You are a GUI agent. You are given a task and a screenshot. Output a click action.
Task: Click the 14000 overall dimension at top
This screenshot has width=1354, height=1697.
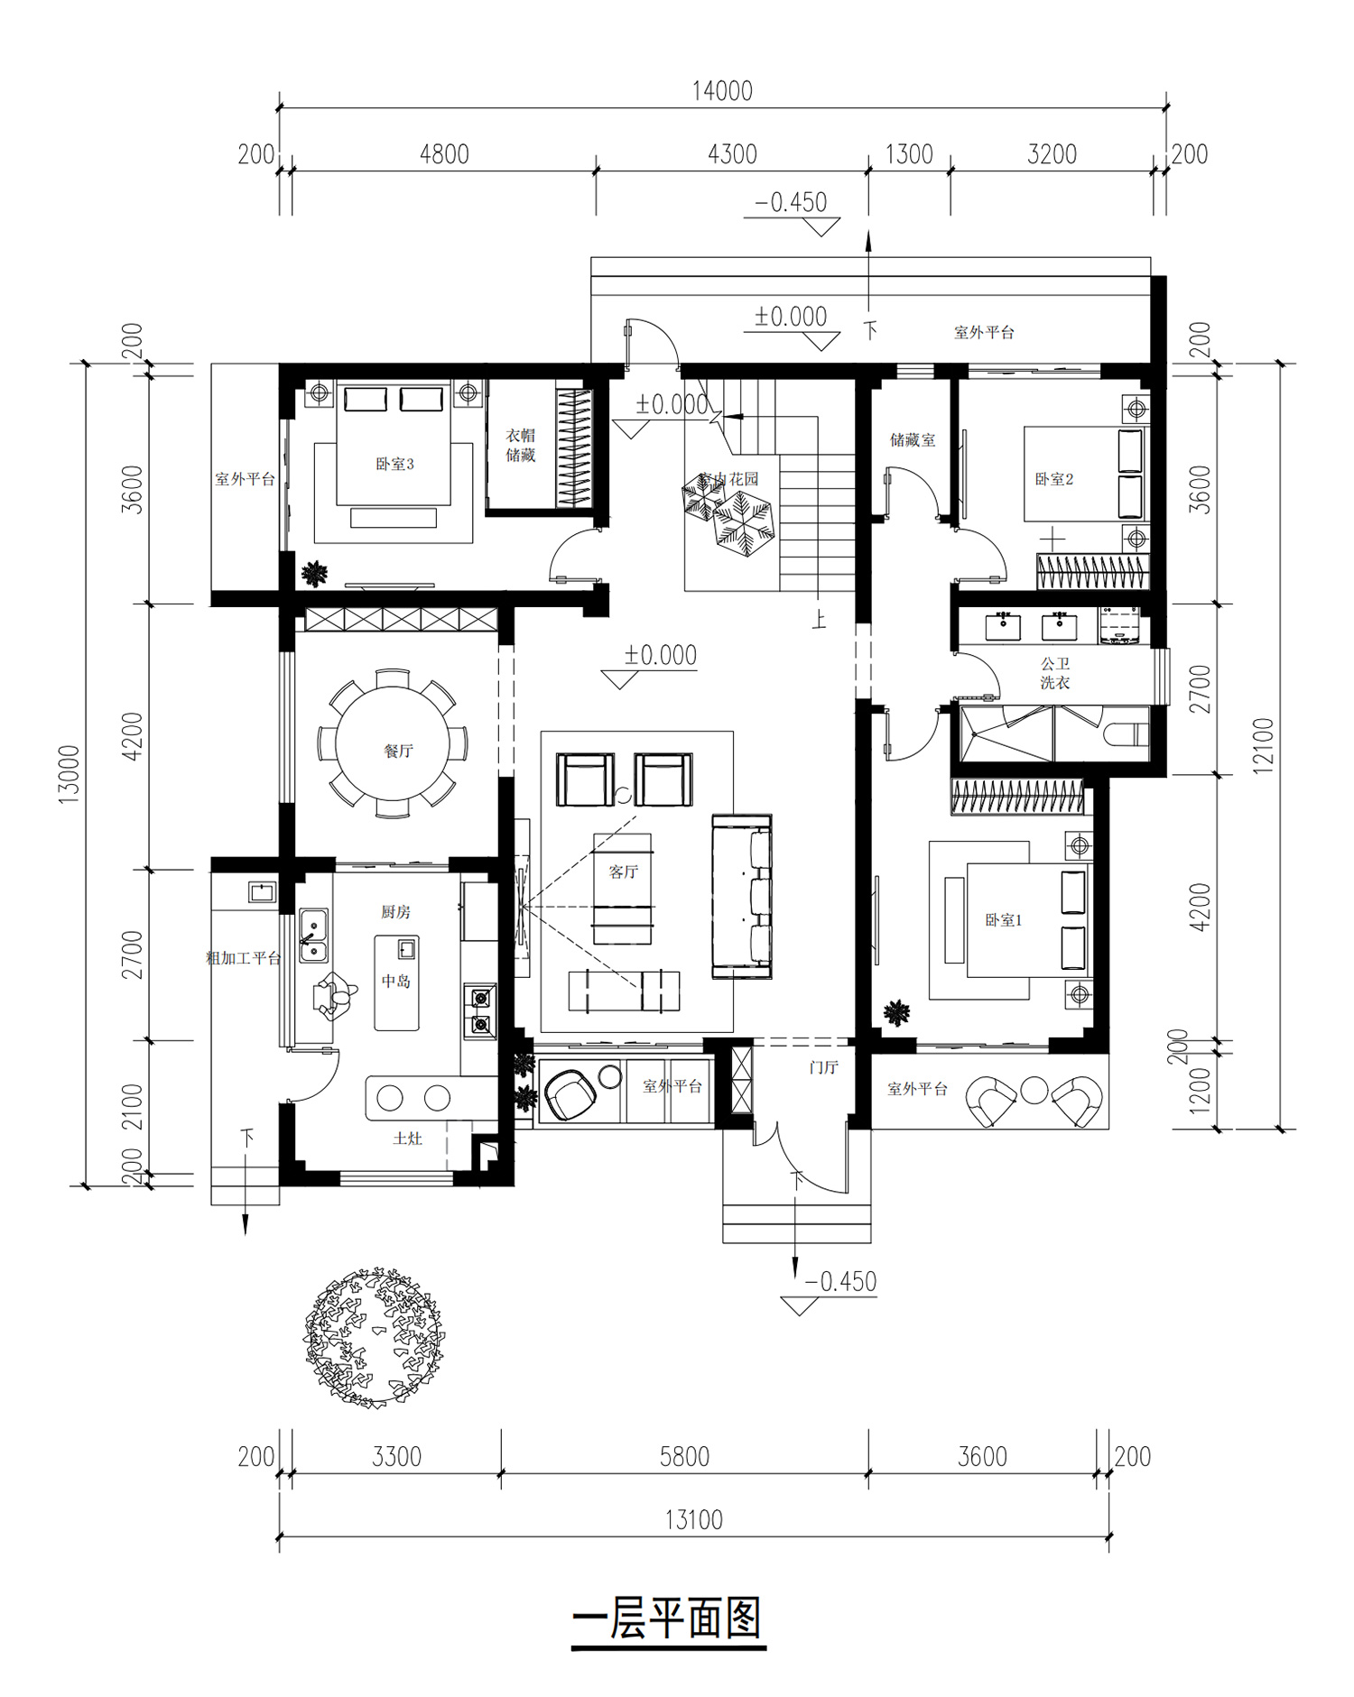point(722,91)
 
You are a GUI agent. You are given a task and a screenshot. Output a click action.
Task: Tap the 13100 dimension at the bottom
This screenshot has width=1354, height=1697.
point(694,1520)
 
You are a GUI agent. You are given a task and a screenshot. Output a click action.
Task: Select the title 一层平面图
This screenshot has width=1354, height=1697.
point(668,1618)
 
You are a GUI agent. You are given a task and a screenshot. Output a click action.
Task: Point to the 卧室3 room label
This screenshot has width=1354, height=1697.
point(394,465)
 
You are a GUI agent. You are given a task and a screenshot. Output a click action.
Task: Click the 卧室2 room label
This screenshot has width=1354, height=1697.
point(1053,479)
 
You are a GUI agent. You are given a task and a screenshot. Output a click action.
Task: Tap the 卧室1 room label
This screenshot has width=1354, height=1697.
point(1003,920)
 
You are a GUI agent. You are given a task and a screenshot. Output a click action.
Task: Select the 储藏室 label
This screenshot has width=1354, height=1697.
point(913,440)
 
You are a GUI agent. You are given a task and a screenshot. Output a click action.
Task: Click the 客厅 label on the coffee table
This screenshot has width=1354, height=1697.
point(623,872)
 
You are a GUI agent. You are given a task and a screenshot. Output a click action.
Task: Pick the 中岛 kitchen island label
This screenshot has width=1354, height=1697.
point(395,981)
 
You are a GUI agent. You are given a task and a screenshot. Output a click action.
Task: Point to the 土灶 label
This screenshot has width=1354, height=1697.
point(407,1139)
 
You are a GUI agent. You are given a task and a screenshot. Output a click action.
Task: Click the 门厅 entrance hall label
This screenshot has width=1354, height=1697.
point(823,1067)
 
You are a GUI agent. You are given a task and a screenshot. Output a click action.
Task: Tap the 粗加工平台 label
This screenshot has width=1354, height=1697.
point(244,958)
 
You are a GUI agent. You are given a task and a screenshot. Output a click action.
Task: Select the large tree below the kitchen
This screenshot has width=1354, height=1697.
point(374,1336)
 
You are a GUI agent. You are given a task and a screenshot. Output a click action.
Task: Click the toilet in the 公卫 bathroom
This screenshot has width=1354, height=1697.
point(1125,735)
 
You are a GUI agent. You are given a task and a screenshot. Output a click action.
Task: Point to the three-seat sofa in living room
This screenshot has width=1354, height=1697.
point(742,896)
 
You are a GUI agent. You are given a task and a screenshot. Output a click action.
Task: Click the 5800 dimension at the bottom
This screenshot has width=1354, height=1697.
point(684,1457)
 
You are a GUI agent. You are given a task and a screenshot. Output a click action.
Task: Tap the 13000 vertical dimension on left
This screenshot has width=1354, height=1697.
point(70,774)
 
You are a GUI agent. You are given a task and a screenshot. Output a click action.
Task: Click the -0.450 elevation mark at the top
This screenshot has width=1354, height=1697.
point(792,202)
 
